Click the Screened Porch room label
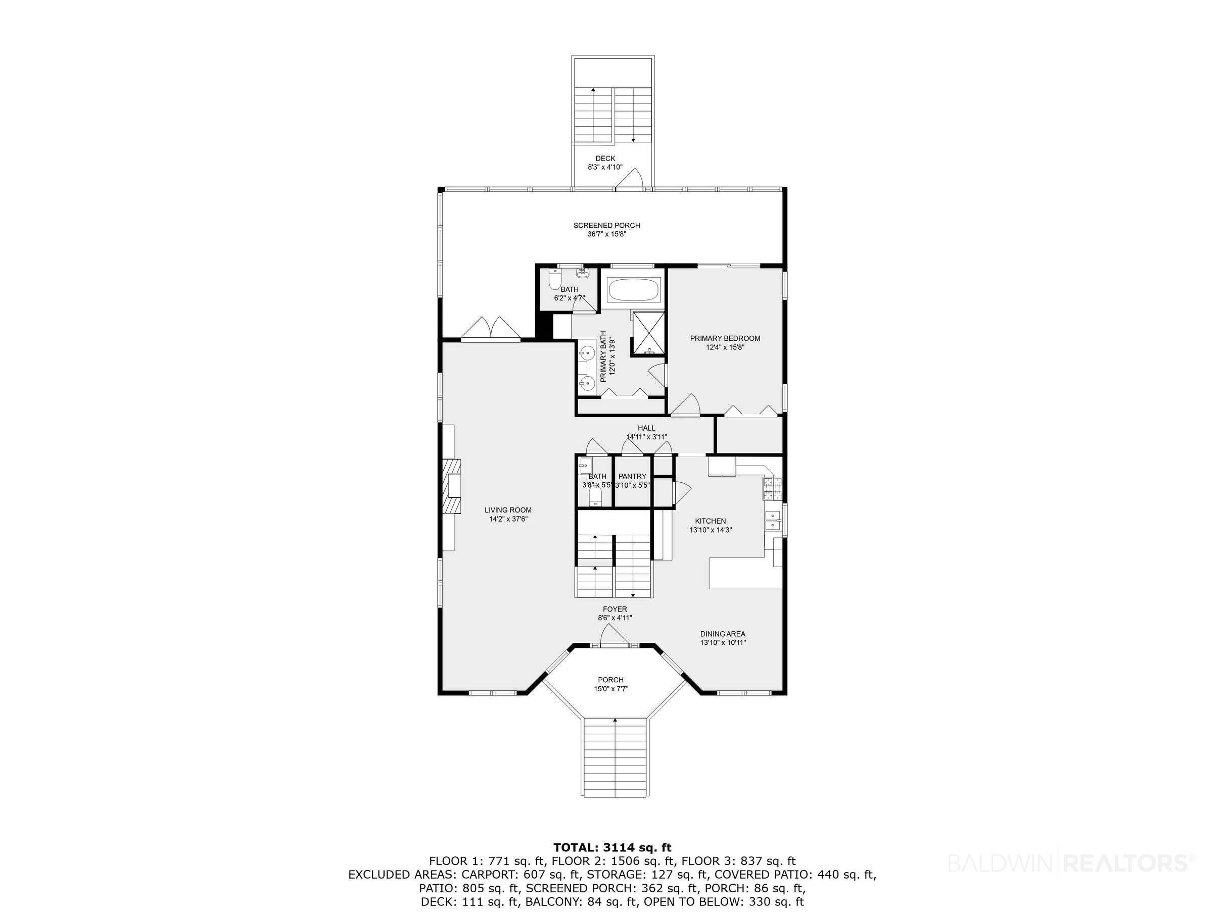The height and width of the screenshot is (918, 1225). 606,230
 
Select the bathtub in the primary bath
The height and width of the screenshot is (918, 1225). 634,289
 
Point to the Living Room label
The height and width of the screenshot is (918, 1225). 508,515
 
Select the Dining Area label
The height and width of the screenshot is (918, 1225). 723,638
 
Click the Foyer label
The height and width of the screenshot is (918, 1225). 615,613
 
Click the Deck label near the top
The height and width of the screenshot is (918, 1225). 605,163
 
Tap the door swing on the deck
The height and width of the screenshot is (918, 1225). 630,178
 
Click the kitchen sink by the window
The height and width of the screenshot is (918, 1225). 773,521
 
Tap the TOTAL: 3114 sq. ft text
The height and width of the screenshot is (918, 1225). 612,847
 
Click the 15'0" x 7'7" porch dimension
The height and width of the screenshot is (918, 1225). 611,689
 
